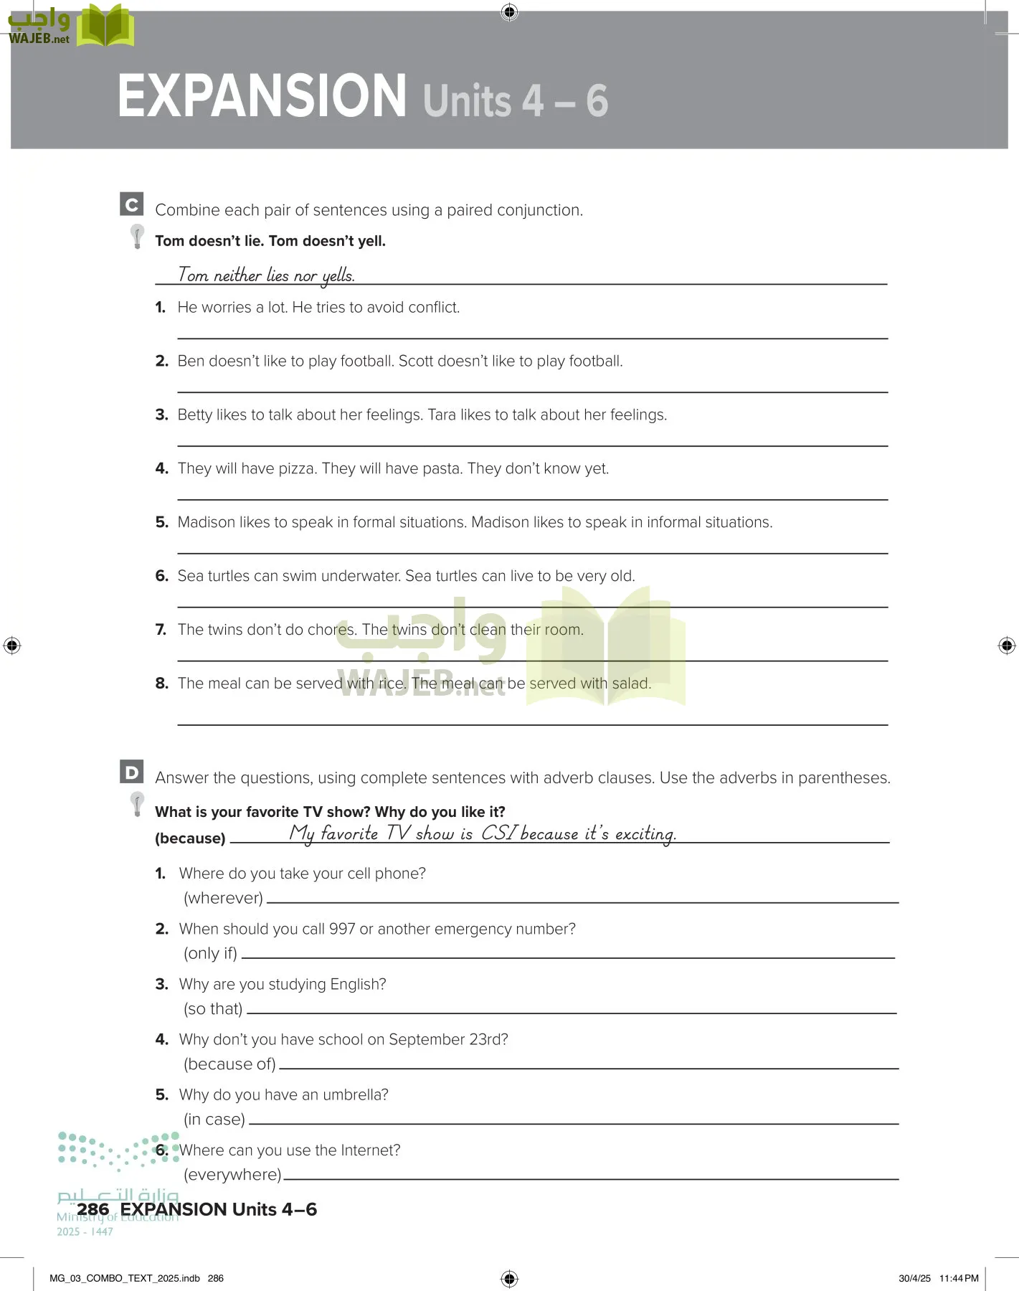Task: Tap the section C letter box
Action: pos(131,204)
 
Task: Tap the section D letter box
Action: pos(131,772)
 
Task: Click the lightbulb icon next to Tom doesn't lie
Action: pos(137,236)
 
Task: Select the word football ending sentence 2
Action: pos(595,361)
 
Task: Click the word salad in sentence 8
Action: pos(630,684)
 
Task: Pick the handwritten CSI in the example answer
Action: pos(499,833)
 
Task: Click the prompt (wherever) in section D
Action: pos(223,898)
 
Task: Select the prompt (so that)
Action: pos(213,1008)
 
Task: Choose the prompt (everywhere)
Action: pos(232,1174)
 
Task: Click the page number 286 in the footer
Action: pos(93,1209)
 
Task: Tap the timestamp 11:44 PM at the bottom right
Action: pos(959,1278)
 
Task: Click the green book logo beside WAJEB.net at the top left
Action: pos(105,27)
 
